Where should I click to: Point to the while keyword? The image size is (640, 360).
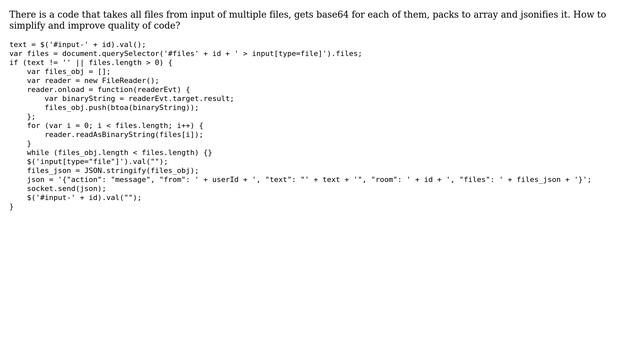[38, 152]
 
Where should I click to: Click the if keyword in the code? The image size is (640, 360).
[13, 62]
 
